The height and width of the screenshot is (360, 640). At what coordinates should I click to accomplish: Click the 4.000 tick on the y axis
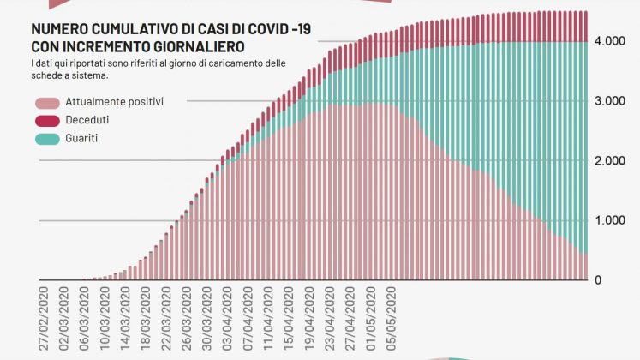[x=609, y=41]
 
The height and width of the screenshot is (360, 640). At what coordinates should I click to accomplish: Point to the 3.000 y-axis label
[x=609, y=101]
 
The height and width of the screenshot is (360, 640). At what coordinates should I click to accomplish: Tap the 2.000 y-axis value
[x=609, y=161]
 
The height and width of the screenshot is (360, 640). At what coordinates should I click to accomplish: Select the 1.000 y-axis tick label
[x=609, y=220]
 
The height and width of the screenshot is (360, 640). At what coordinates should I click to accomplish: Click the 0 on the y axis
[x=598, y=280]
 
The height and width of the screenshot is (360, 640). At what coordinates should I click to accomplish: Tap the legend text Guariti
[x=82, y=137]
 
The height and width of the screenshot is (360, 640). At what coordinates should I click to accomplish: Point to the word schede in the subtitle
[x=49, y=75]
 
